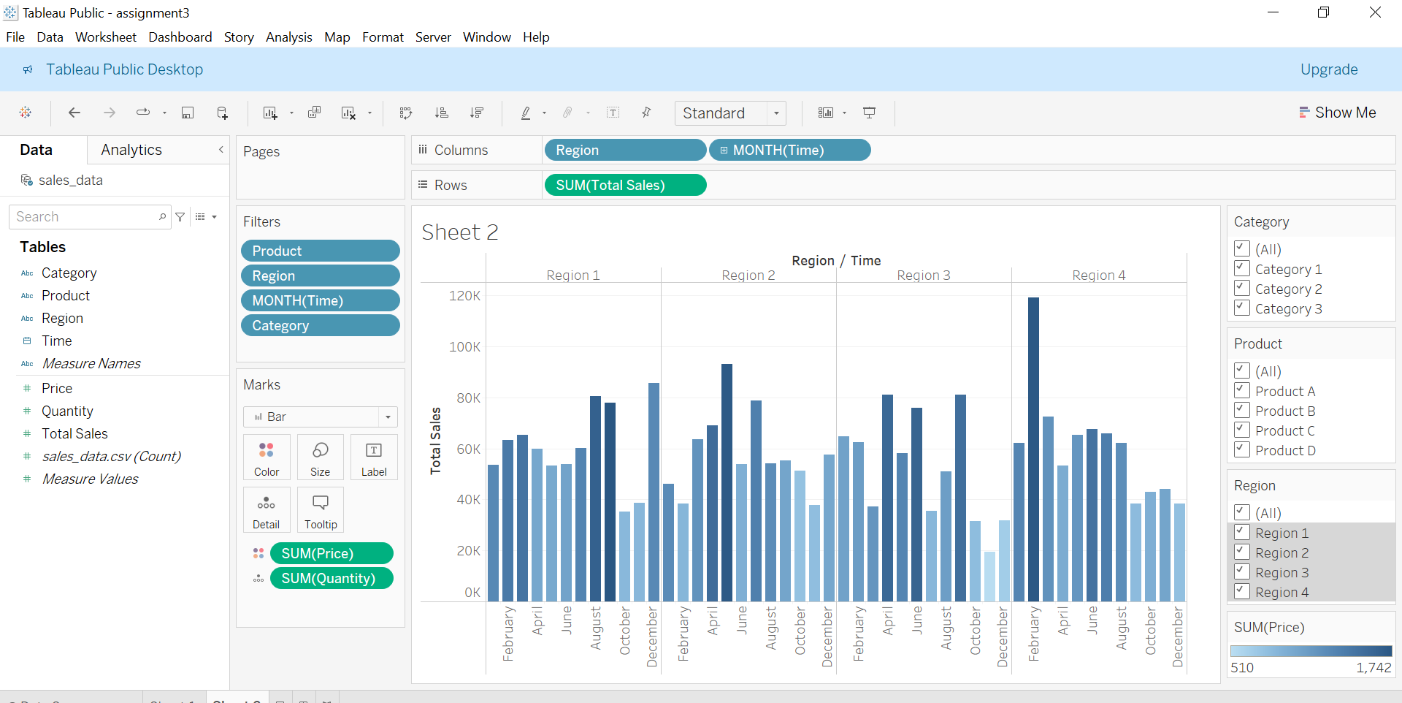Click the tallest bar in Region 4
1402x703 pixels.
(1033, 449)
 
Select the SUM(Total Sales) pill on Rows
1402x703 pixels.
(624, 185)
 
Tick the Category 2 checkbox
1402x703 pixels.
(1242, 288)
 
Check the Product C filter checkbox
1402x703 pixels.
(1242, 430)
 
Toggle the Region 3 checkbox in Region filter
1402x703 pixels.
(1242, 571)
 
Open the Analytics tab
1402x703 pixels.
(131, 150)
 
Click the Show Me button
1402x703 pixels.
(1337, 113)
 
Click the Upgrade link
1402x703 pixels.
(1328, 69)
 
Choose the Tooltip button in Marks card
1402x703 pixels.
(321, 510)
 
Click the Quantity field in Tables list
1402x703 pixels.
(67, 411)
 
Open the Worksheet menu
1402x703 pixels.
(105, 37)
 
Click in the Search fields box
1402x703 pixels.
(84, 217)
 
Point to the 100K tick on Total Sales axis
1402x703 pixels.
(464, 346)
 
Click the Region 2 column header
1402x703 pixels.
(748, 275)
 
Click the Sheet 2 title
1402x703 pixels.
(460, 232)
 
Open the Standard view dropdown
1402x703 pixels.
(775, 113)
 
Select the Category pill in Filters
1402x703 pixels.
(320, 325)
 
